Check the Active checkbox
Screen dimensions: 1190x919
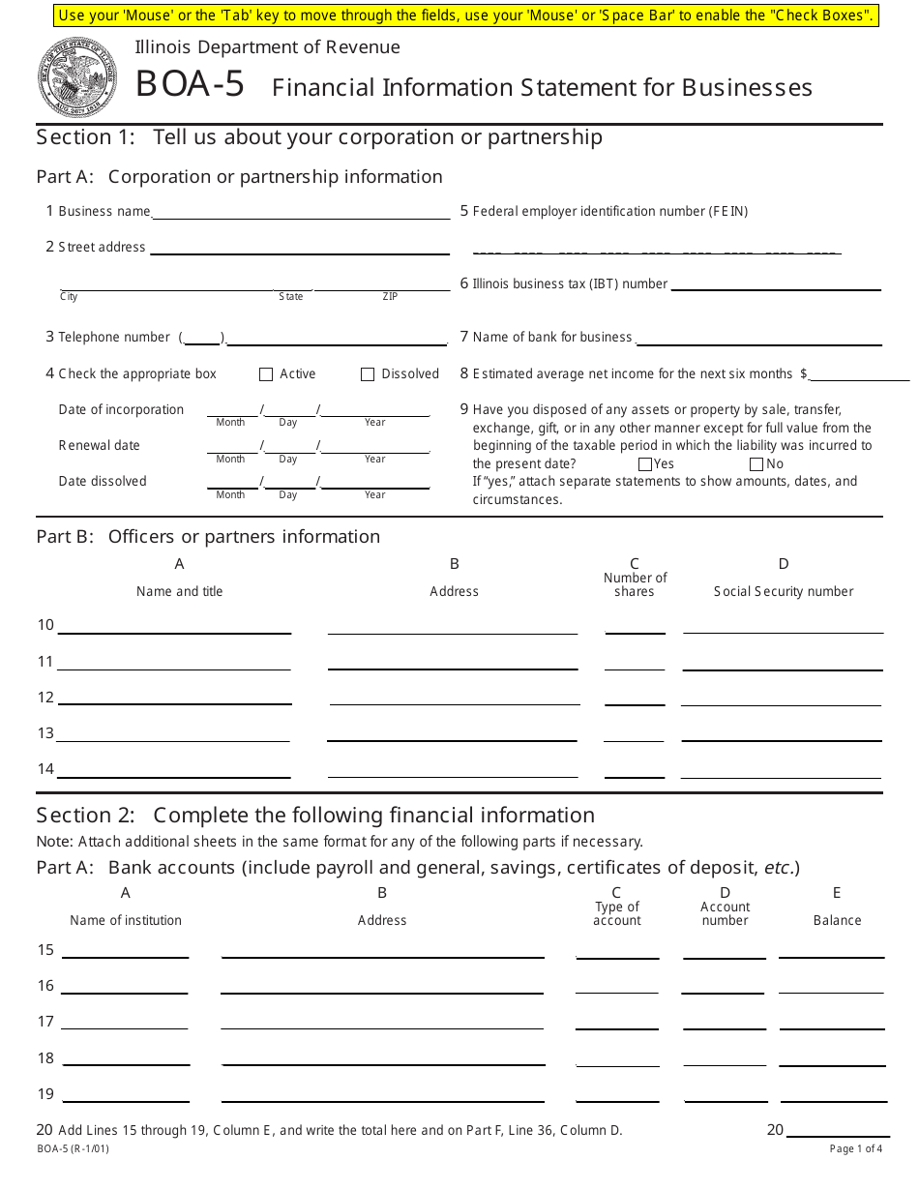pos(266,374)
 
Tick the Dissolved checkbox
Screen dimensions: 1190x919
pos(368,374)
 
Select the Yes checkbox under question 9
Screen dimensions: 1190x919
pos(645,464)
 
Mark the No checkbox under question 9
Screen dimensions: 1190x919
pos(756,464)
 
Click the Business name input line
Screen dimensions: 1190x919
pos(300,212)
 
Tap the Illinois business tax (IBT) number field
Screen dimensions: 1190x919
pos(776,283)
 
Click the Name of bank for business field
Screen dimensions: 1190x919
pos(758,338)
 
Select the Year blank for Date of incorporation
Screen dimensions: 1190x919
pos(375,409)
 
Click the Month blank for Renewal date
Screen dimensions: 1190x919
pos(231,446)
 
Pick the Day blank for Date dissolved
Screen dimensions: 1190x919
pos(288,482)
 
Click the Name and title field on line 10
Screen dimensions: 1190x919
pos(174,626)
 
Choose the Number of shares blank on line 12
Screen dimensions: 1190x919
pos(635,698)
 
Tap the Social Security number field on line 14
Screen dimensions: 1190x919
pos(781,769)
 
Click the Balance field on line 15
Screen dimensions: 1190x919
pos(832,950)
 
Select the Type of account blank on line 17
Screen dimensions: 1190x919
pos(617,1022)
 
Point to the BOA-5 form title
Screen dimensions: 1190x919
pos(190,85)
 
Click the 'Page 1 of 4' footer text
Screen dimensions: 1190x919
pos(855,1149)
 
